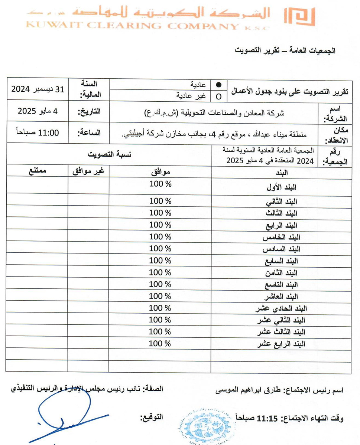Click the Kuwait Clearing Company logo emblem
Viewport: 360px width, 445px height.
[x=299, y=16]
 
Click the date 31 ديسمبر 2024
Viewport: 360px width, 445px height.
[x=38, y=89]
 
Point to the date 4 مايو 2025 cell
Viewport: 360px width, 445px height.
[x=38, y=111]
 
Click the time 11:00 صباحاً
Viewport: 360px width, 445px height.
[x=38, y=133]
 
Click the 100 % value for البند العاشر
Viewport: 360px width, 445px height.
[x=160, y=296]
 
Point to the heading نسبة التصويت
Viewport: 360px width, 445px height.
[x=109, y=154]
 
